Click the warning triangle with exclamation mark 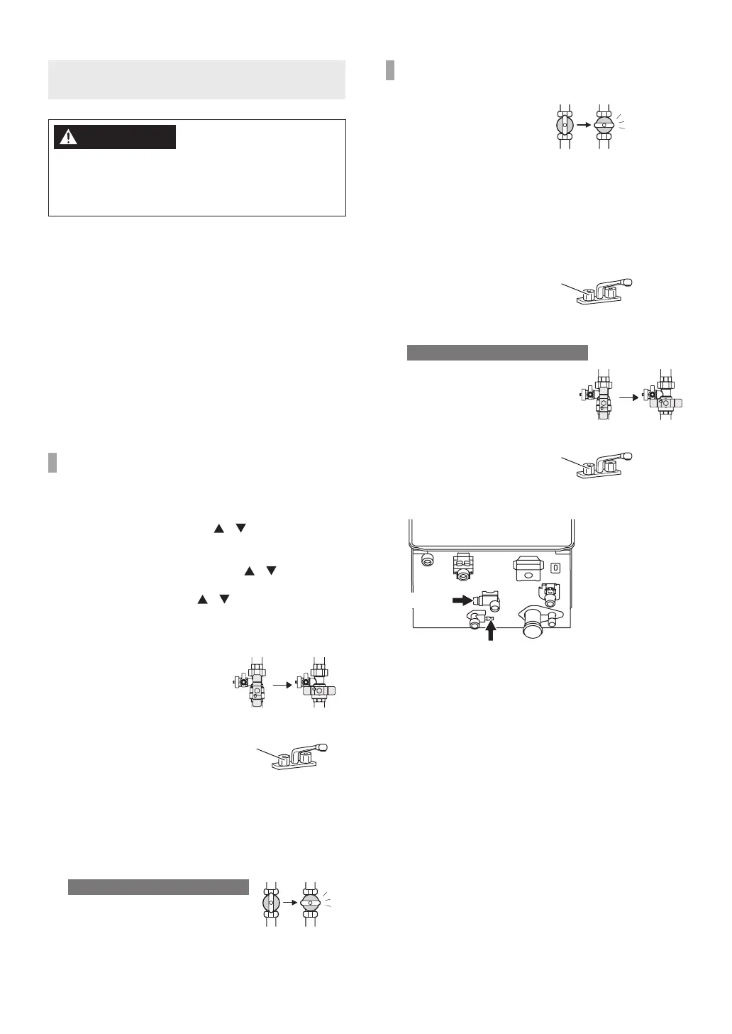[68, 137]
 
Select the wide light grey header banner [196, 79]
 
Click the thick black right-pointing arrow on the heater [462, 600]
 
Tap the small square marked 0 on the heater [556, 567]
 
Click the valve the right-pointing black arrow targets [489, 600]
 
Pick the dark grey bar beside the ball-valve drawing [158, 887]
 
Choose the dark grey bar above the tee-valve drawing [497, 352]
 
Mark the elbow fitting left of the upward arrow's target [475, 622]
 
